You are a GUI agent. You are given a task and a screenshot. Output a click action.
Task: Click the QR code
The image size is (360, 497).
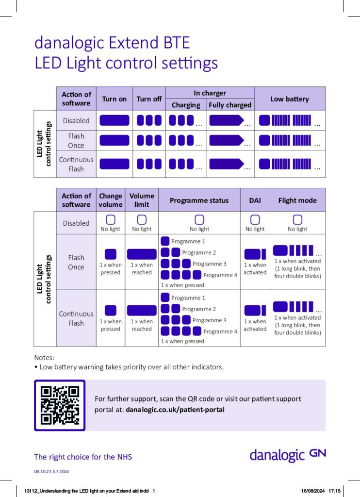[60, 405]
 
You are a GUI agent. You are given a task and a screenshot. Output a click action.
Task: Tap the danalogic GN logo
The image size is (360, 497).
[288, 455]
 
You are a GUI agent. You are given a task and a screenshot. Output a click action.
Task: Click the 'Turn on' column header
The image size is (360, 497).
[114, 99]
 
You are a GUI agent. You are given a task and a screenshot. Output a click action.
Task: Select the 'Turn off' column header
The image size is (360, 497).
[149, 99]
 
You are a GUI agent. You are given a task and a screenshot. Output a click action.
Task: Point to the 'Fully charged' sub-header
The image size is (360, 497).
[230, 105]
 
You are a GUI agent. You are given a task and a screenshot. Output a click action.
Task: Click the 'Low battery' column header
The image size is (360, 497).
[290, 99]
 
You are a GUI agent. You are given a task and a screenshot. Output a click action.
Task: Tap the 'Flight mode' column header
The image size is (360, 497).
[297, 200]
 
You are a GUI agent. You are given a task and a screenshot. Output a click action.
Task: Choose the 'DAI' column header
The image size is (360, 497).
[255, 200]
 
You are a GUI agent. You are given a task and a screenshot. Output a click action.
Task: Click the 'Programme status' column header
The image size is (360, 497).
[199, 200]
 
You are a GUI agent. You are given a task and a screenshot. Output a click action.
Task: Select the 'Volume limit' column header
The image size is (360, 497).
[142, 200]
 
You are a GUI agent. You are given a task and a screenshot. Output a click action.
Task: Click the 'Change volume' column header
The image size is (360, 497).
[111, 200]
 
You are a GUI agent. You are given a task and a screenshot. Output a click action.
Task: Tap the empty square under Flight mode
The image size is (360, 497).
[297, 219]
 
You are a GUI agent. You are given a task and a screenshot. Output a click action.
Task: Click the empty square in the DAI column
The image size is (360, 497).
[255, 219]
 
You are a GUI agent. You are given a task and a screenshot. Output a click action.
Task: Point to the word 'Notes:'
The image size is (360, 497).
[44, 357]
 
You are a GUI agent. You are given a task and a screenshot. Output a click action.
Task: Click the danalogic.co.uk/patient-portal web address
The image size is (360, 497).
[175, 410]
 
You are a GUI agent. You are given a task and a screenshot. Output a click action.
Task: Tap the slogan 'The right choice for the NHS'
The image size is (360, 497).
[83, 457]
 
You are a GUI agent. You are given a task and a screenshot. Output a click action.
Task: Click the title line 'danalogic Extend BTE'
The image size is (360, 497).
[111, 43]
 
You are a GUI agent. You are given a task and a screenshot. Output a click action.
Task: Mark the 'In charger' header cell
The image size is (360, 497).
[210, 93]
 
